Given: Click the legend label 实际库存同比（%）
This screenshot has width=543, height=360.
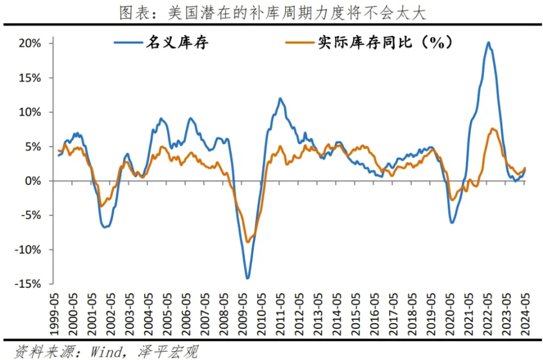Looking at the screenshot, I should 384,43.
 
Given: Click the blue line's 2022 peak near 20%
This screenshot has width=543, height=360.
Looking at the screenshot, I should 488,42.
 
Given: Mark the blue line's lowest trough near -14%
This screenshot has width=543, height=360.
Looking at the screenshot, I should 248,278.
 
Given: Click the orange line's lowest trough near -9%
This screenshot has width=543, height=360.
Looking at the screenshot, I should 248,242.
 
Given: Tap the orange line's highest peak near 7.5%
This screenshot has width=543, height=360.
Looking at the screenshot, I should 493,129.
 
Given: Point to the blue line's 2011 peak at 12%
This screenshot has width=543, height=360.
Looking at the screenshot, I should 279,98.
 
